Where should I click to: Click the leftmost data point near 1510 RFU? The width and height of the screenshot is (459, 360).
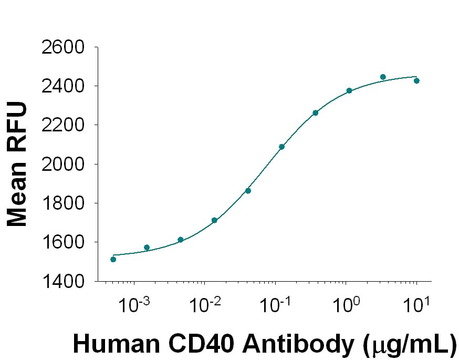tap(113, 259)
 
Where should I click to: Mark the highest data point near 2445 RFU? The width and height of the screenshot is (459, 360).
tap(383, 77)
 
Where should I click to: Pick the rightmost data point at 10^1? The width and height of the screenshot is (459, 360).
tap(416, 81)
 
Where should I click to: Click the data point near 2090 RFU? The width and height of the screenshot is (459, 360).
tap(281, 147)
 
